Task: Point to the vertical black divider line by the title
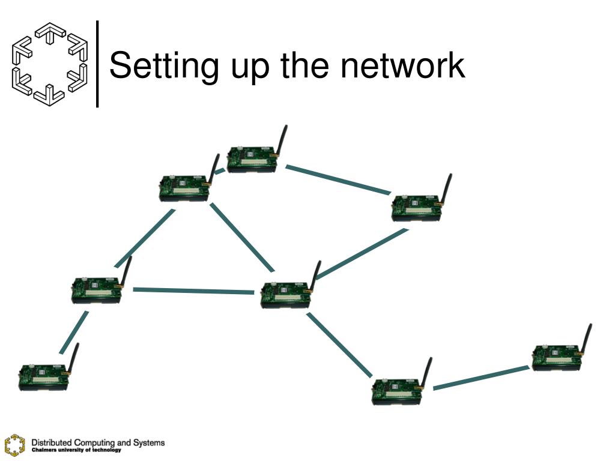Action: pyautogui.click(x=98, y=64)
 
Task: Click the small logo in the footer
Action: pyautogui.click(x=14, y=444)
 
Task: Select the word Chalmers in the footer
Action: pyautogui.click(x=43, y=450)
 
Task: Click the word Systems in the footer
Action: pyautogui.click(x=148, y=442)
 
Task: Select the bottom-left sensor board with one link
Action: pyautogui.click(x=43, y=376)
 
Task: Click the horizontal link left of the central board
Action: pyautogui.click(x=192, y=291)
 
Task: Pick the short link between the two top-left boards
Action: pyautogui.click(x=219, y=171)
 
